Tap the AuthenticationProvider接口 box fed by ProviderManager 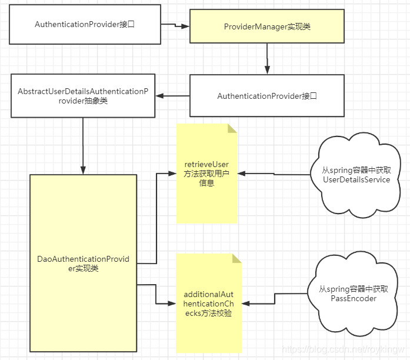point(267,96)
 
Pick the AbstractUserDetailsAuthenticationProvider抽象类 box point(83,96)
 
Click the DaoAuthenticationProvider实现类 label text point(83,264)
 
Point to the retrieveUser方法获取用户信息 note point(206,174)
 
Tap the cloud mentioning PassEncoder point(354,293)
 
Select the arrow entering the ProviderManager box point(175,26)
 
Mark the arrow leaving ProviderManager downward point(267,59)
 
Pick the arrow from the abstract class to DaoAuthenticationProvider point(83,144)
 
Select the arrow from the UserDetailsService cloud point(274,174)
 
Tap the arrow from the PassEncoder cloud point(274,304)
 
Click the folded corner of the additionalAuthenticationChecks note point(237,258)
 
